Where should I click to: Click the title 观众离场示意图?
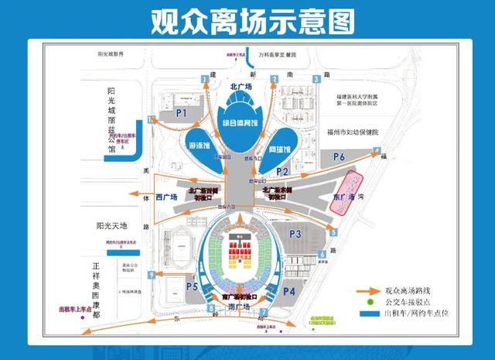(247, 20)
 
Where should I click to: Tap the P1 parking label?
(183, 113)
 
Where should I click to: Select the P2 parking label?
(282, 171)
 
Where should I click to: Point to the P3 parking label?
(294, 233)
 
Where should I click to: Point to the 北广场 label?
(241, 87)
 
